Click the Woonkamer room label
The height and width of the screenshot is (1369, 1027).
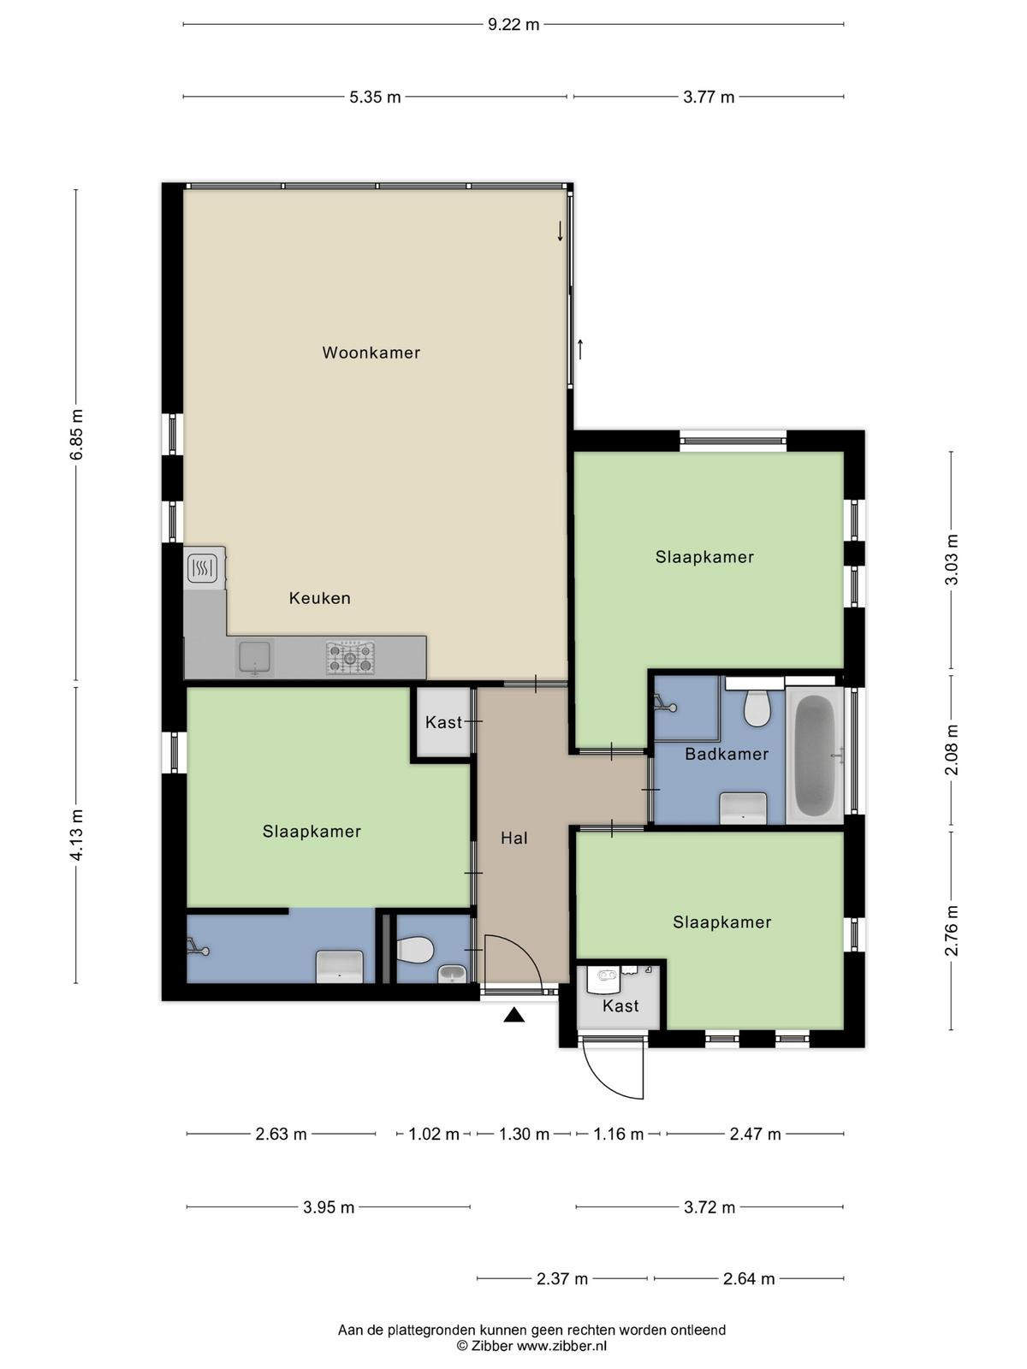click(371, 353)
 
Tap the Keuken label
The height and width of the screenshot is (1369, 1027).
click(320, 598)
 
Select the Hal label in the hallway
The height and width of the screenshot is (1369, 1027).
click(514, 839)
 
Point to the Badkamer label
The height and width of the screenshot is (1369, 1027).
click(727, 754)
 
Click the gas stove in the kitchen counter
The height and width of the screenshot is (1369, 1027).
click(350, 657)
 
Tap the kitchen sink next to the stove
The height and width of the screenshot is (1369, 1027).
click(254, 657)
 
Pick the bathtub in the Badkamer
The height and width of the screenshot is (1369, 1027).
click(815, 756)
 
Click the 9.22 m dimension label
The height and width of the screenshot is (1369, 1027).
click(513, 25)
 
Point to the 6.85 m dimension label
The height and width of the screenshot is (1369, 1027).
click(76, 435)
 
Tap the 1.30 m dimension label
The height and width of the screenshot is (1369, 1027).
click(524, 1134)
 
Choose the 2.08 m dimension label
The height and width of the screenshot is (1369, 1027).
click(952, 750)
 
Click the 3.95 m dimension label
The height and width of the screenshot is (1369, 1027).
click(329, 1207)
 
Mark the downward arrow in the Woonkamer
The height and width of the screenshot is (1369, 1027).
click(560, 231)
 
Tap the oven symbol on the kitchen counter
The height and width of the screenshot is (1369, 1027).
click(202, 567)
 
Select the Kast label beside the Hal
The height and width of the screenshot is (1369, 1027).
click(444, 722)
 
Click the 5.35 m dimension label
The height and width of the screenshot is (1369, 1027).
click(375, 98)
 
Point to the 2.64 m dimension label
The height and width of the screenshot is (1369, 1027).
click(749, 1279)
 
